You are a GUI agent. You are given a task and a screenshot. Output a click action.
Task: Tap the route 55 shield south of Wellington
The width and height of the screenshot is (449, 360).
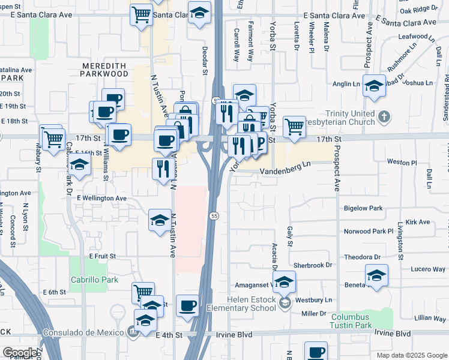pyautogui.click(x=214, y=215)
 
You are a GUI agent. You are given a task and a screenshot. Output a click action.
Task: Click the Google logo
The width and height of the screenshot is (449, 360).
pyautogui.click(x=20, y=353)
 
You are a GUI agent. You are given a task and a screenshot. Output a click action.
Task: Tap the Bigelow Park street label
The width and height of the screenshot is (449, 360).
pyautogui.click(x=363, y=209)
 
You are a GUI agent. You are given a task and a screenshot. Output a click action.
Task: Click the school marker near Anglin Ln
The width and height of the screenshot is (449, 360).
pyautogui.click(x=373, y=87)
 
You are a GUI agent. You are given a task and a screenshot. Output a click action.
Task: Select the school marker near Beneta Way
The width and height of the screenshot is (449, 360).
pyautogui.click(x=376, y=276)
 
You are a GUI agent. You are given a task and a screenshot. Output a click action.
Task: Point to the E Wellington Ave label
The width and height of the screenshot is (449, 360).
pyautogui.click(x=101, y=198)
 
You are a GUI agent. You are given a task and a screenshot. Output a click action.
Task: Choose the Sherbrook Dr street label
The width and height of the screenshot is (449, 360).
pyautogui.click(x=312, y=265)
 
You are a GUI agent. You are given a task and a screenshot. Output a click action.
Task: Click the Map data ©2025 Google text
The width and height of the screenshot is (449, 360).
pyautogui.click(x=412, y=355)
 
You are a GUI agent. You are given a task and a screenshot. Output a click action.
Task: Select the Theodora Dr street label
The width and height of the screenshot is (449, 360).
pyautogui.click(x=363, y=257)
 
